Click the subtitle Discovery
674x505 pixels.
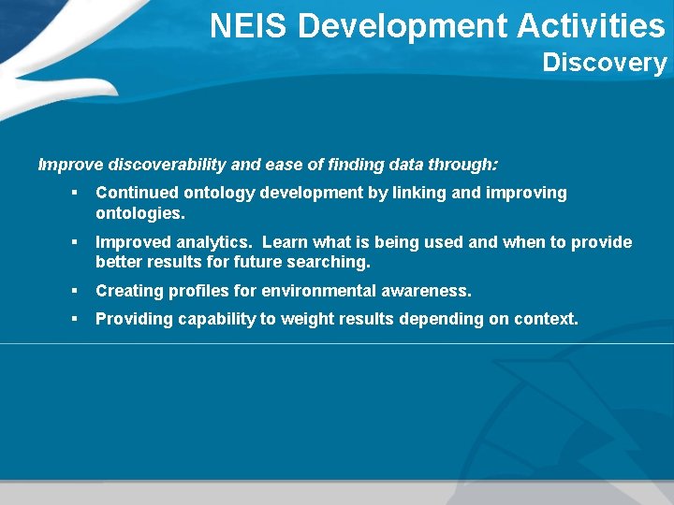tap(604, 64)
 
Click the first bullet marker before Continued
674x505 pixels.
tap(73, 194)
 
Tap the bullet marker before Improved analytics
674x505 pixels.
tap(73, 243)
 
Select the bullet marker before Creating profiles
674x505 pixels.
tap(73, 292)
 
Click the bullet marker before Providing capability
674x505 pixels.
tap(73, 320)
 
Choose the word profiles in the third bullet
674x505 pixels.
tap(198, 291)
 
